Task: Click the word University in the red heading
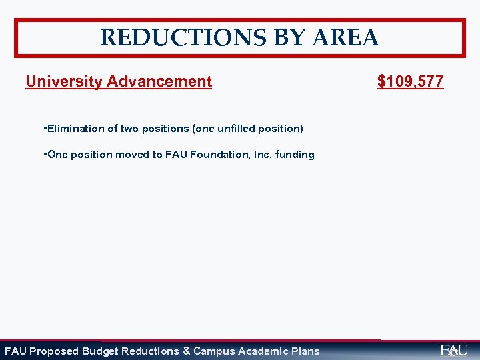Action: click(64, 82)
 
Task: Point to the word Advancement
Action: click(159, 82)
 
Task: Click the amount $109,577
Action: click(410, 82)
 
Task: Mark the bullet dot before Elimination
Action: click(43, 127)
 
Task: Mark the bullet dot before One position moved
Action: click(43, 154)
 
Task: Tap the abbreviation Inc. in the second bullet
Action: click(258, 155)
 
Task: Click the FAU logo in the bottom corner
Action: click(454, 351)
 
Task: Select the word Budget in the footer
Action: click(100, 351)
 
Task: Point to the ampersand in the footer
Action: click(187, 351)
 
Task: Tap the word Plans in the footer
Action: click(305, 351)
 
